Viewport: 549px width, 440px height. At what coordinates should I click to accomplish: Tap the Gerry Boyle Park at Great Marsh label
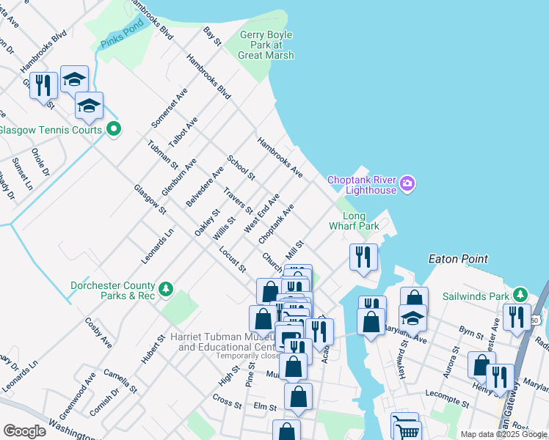pos(267,45)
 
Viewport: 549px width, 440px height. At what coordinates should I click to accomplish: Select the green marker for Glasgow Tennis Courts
pos(113,130)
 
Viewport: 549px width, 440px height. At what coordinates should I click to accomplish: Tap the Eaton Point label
pos(458,259)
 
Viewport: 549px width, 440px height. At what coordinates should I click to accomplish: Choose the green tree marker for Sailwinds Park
pos(521,295)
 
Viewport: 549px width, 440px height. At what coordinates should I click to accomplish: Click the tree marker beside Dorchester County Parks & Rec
pos(167,289)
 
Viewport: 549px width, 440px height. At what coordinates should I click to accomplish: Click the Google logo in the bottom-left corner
pos(24,430)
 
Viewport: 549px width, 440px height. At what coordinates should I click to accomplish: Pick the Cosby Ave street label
pos(98,332)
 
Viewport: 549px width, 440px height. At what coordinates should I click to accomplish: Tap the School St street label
pos(241,168)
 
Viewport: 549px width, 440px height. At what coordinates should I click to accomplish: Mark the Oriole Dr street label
pos(40,162)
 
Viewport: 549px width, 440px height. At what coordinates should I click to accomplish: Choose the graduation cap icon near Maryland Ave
pos(413,319)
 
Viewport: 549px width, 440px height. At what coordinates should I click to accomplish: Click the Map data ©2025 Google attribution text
pos(503,434)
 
